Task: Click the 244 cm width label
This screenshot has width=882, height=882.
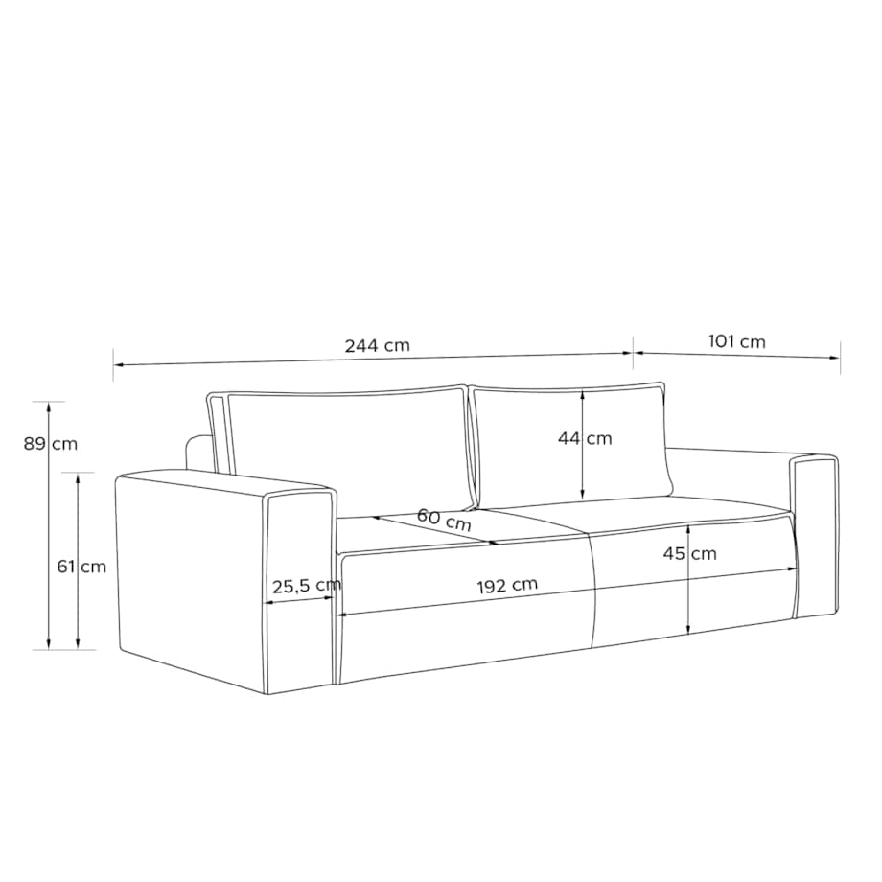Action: click(378, 345)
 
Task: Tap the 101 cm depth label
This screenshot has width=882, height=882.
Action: click(736, 341)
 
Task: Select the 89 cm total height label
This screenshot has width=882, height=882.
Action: click(51, 444)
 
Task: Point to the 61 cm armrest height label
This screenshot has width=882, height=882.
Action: click(81, 566)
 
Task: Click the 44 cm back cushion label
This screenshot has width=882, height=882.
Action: click(585, 438)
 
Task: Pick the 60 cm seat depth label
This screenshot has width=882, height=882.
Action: click(444, 520)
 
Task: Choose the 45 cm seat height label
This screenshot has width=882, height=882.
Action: click(689, 553)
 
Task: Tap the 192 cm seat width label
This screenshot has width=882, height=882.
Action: click(507, 586)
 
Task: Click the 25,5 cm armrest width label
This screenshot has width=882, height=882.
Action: click(307, 586)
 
